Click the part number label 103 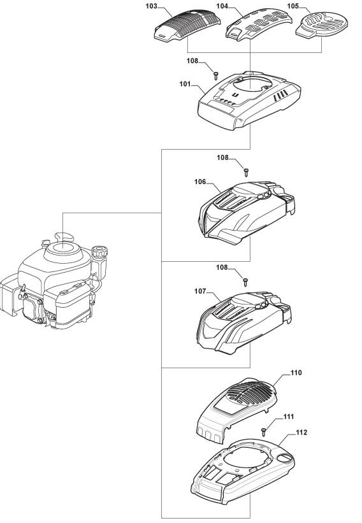[151, 6]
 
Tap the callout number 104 [222, 6]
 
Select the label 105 [293, 6]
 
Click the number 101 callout [185, 84]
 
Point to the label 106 [200, 182]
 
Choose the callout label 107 [200, 291]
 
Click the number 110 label [296, 373]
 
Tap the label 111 [289, 417]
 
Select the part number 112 [301, 433]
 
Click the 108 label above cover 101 [192, 61]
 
